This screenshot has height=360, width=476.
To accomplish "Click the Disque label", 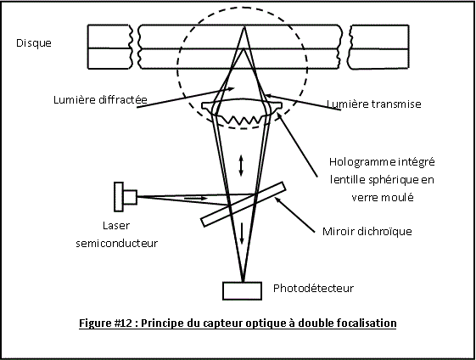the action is [34, 43].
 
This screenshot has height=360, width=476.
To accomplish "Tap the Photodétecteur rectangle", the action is [243, 291].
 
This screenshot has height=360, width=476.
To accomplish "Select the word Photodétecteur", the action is [313, 288].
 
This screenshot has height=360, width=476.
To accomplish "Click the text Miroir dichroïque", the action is [367, 232].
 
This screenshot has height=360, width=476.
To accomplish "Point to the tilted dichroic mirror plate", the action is [244, 204].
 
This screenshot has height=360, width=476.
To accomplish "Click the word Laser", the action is [116, 225].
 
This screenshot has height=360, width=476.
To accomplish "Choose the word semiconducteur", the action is [117, 243].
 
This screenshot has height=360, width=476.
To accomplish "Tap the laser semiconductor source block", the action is [126, 197].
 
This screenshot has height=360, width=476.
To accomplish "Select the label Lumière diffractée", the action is [100, 99].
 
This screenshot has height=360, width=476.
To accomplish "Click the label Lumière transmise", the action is [374, 104].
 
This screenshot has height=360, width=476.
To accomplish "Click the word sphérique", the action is [393, 180].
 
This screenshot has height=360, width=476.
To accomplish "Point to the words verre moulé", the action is [383, 198].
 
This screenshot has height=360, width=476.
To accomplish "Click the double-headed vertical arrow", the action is [241, 166].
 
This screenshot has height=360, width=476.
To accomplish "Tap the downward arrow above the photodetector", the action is [242, 233].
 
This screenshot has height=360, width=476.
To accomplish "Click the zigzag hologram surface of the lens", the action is [243, 119].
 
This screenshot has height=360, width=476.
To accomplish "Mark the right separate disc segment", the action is [379, 47].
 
